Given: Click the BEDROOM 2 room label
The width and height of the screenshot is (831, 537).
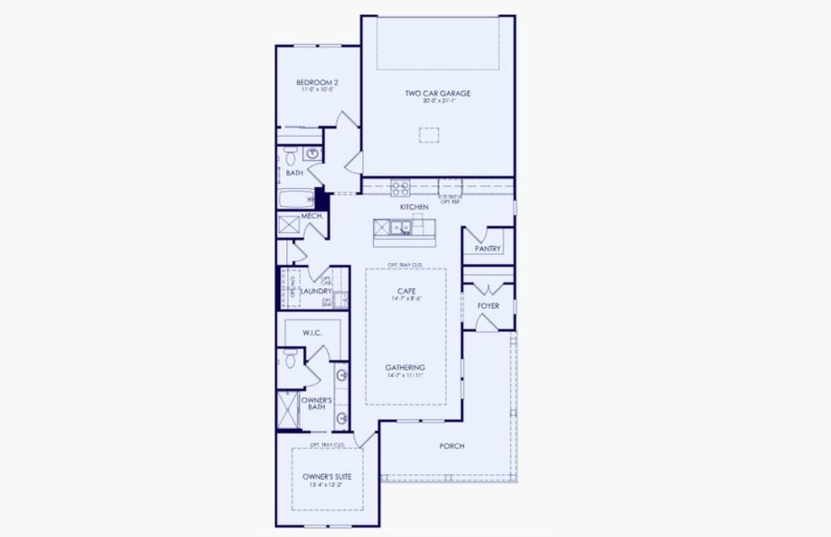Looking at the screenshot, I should pos(316,83).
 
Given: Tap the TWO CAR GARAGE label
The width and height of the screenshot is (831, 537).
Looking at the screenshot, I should pos(437,93).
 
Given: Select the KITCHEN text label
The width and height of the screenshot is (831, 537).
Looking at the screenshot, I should pos(414,208).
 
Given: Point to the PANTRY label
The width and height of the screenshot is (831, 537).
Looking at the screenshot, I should pos(488,249).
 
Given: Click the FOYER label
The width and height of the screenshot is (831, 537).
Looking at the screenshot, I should pos(488,306).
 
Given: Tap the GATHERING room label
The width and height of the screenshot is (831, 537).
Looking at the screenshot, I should pos(405,368).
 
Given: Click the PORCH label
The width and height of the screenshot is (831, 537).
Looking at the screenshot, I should pos(452,447).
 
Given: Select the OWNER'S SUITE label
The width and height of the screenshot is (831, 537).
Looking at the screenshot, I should pos(326,477).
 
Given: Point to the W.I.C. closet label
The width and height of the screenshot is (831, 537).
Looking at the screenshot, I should pos(312,334).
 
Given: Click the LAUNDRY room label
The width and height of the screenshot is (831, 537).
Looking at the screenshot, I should pos(316,291).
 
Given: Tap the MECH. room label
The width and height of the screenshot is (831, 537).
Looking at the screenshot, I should pos(311,217).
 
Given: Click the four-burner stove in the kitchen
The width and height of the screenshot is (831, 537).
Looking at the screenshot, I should pos(400,189).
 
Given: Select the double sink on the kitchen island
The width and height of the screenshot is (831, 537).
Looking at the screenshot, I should pos(400,227).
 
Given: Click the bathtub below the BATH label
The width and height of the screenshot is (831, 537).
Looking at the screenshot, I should pos(296,199).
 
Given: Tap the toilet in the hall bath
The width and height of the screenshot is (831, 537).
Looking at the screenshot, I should pos(291,156).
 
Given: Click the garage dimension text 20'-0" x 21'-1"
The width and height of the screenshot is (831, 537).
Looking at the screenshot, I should pos(437,101).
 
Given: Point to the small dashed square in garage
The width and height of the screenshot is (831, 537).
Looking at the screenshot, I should pos(429,135).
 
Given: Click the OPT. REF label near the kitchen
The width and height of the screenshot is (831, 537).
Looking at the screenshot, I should pos(449,201).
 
